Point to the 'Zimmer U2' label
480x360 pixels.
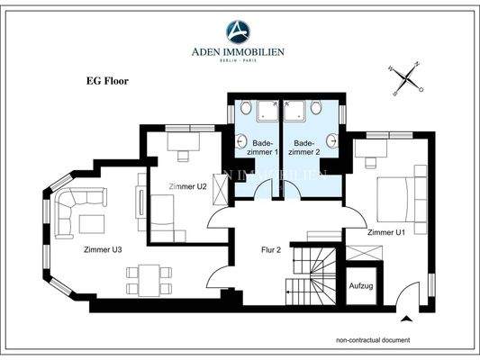pos(187,186)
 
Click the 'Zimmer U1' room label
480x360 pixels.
pos(386,232)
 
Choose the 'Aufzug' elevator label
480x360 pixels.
pos(360,285)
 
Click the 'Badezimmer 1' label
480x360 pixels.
pos(261,147)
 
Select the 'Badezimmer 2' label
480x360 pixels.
pos(304,147)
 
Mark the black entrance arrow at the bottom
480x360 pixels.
pos(407,317)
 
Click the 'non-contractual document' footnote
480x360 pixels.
pos(373,340)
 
